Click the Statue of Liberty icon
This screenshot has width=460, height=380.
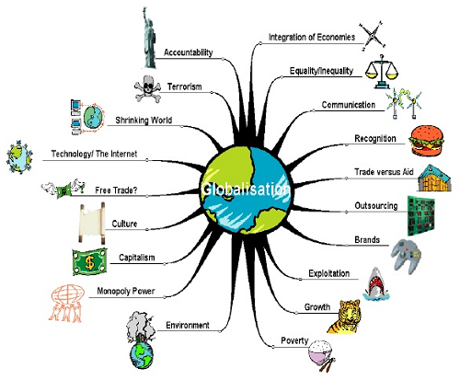point(149,39)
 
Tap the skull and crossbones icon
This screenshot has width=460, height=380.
point(147,88)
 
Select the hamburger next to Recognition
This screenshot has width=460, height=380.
point(426,141)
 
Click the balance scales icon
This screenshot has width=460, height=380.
point(382,72)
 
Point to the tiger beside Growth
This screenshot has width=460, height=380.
point(344,317)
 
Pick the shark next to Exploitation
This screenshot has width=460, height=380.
point(375,284)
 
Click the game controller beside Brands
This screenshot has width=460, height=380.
point(406,254)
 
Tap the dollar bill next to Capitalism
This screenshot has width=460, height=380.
point(90,262)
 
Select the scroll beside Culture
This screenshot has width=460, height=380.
point(91,223)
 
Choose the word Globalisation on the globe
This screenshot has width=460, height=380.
point(246,189)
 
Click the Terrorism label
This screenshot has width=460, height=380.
point(185,86)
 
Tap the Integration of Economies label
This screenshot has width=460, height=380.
point(312,37)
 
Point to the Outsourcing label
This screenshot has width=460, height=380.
point(376,205)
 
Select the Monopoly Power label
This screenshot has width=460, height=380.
point(126,291)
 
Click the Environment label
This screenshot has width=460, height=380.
point(188,325)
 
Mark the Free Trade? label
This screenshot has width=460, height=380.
point(116,190)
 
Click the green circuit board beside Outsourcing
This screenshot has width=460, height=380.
point(421,215)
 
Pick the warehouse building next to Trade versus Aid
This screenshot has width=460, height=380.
point(434,178)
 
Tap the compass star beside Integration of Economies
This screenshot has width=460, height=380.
point(373,36)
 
